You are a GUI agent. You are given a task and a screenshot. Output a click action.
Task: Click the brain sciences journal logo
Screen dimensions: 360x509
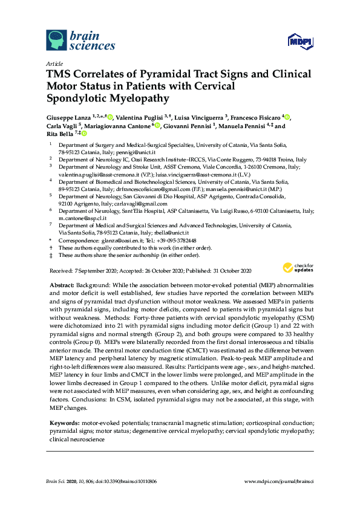[80, 41]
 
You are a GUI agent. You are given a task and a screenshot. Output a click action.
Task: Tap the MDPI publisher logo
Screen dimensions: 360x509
[299, 42]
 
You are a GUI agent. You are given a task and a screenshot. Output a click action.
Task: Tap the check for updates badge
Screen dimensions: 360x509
[296, 268]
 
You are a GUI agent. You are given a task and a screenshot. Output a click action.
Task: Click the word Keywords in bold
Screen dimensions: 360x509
[64, 423]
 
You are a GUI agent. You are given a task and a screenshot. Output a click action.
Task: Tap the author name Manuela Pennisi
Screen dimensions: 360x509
[241, 126]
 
